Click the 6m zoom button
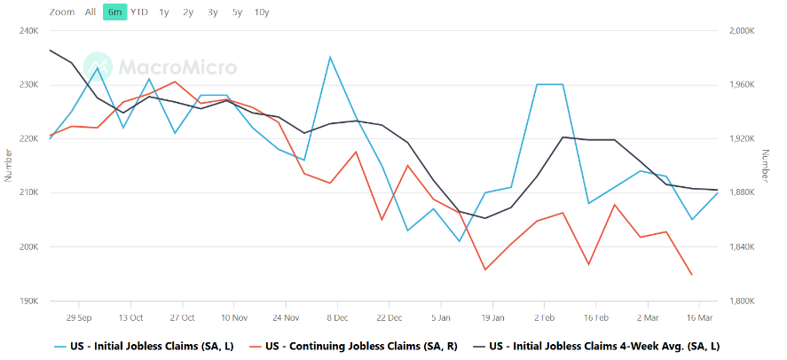(x=114, y=12)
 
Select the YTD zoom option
(x=139, y=12)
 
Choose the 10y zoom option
(x=262, y=12)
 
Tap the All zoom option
(x=91, y=12)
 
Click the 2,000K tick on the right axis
(x=743, y=30)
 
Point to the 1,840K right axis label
(x=743, y=247)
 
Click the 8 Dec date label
(x=337, y=318)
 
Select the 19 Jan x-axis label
(x=492, y=318)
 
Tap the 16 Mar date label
(x=699, y=318)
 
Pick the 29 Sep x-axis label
(x=79, y=318)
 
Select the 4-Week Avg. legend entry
(x=597, y=346)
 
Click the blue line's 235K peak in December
(x=330, y=57)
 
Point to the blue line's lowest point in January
(x=459, y=241)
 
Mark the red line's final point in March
(x=692, y=274)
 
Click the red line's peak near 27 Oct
(x=175, y=82)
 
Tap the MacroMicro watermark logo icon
(x=98, y=67)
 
